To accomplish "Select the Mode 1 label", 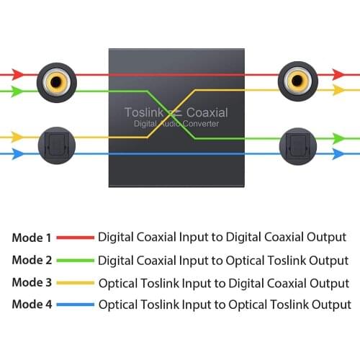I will [32, 237].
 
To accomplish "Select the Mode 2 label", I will [32, 260].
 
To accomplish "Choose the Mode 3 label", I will [32, 282].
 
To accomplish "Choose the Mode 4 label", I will [32, 305].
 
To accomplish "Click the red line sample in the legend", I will [75, 237].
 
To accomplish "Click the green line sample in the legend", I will [75, 260].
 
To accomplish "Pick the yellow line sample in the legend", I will [75, 282].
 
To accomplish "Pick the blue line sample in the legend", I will [75, 305].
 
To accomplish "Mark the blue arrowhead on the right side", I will [338, 153].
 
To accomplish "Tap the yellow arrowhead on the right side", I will [338, 91].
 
